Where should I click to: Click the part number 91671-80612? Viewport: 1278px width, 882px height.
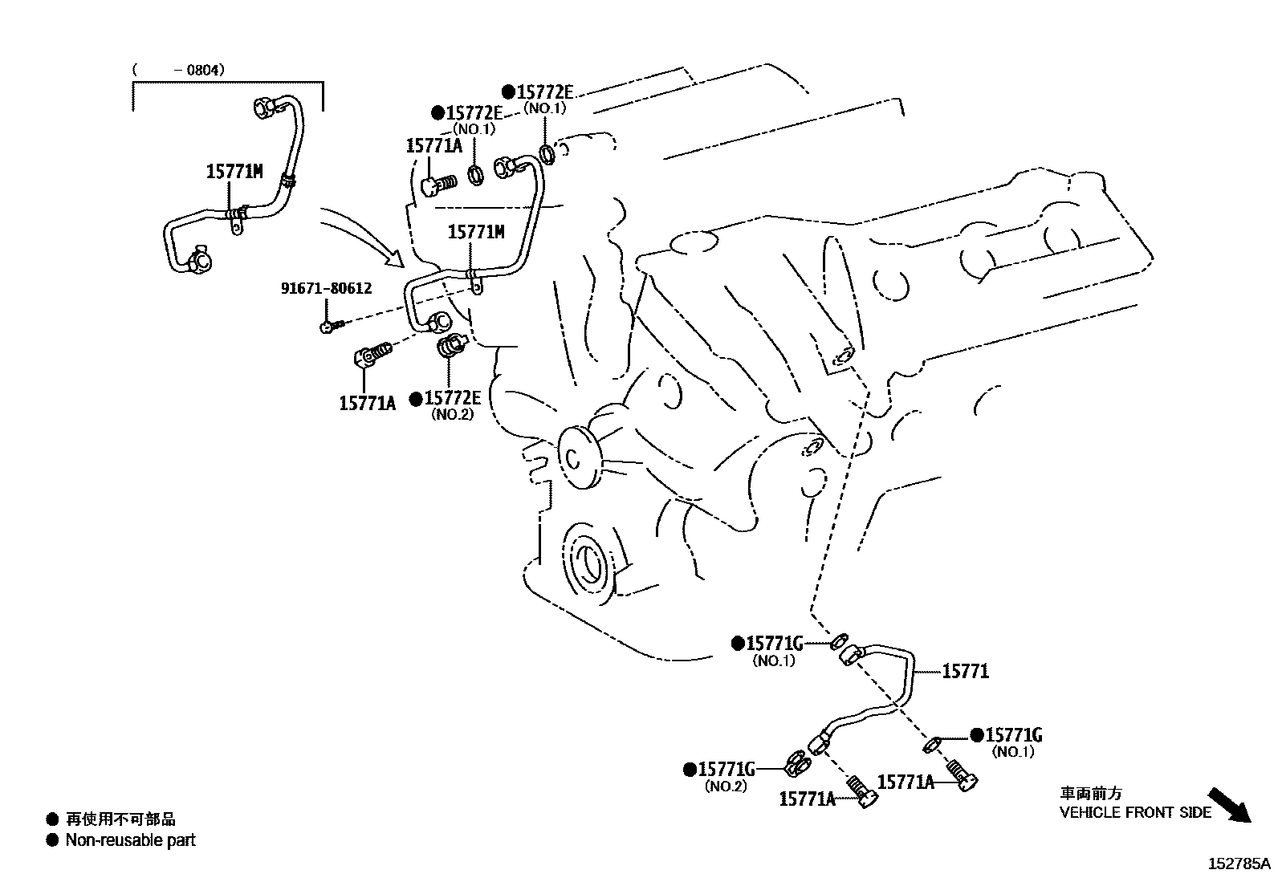point(326,287)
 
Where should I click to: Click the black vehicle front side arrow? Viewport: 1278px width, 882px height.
point(1229,804)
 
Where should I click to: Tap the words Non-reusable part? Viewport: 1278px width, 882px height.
point(130,840)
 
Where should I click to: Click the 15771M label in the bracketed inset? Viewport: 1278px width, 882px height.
point(234,171)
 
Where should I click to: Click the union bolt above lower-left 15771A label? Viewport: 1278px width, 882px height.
point(372,355)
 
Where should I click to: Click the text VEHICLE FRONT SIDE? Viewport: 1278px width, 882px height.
point(1134,812)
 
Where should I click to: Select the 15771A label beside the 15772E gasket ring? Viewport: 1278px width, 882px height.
point(433,145)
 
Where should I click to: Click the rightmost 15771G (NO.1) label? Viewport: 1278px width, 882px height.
point(1013,735)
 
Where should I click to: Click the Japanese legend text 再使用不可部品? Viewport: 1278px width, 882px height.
point(120,819)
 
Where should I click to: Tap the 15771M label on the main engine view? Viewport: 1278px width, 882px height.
point(475,232)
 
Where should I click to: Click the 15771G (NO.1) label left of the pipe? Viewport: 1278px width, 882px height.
point(774,644)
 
